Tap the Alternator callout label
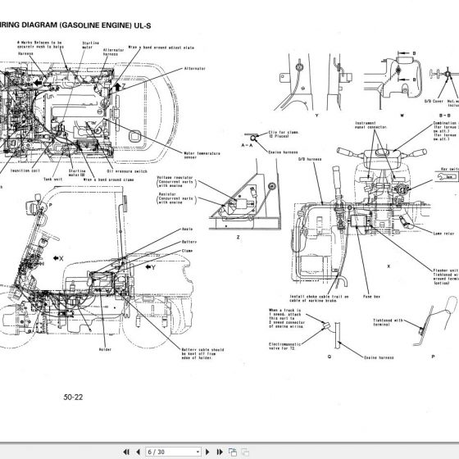pos(195,69)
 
